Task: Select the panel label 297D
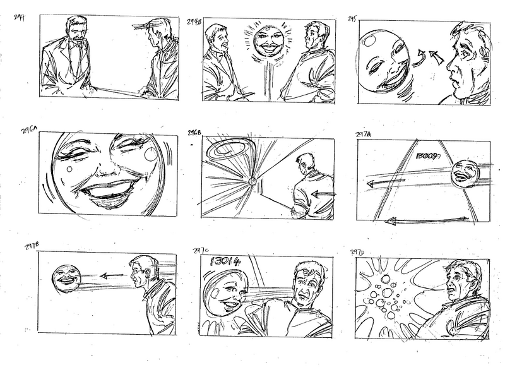click(357, 252)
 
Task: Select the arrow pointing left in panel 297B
click(105, 275)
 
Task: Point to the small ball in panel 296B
click(253, 182)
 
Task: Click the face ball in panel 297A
click(465, 170)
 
